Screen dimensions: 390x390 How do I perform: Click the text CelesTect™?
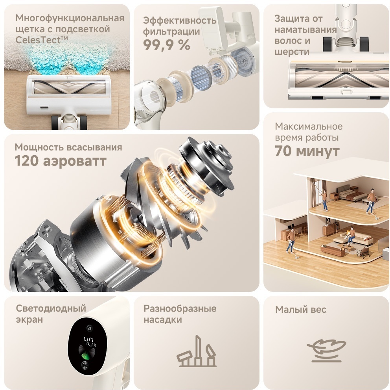click(42, 40)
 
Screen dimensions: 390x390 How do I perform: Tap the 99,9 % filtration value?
click(167, 45)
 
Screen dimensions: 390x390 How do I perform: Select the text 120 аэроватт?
click(61, 161)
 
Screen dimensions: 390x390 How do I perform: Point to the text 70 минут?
click(307, 151)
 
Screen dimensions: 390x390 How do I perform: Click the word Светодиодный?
click(51, 308)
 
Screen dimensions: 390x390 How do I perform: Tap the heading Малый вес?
click(301, 310)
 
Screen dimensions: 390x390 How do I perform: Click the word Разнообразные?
click(180, 308)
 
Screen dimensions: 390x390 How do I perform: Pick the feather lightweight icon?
click(326, 350)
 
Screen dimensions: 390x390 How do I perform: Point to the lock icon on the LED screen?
click(89, 328)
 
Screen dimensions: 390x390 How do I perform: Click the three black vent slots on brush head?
click(44, 108)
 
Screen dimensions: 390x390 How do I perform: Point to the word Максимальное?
click(309, 126)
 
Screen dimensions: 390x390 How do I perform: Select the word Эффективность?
click(180, 20)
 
